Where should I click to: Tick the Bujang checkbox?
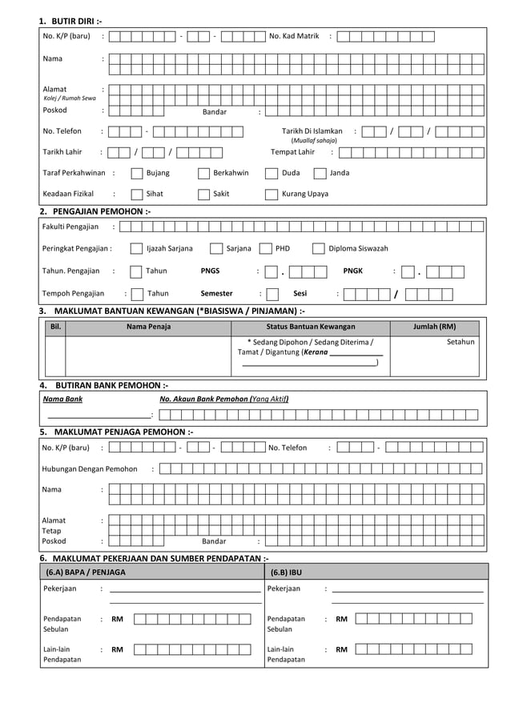point(137,173)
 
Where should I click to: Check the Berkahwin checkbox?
point(204,173)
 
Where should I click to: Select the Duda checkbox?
point(272,173)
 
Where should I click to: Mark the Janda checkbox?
point(320,173)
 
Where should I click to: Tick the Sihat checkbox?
point(137,194)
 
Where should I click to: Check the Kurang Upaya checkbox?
point(272,194)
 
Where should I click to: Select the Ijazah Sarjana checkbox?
point(137,248)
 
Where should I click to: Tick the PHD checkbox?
point(266,248)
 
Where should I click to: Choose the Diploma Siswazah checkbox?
point(319,248)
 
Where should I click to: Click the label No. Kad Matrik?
point(294,36)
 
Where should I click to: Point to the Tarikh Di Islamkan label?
point(312,131)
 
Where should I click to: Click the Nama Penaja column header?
point(148,327)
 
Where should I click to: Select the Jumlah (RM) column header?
point(434,327)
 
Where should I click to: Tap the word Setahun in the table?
point(461,342)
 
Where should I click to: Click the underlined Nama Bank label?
point(62,398)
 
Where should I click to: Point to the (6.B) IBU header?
point(286,572)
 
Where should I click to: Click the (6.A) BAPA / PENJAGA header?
point(86,572)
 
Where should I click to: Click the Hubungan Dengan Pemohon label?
point(89,469)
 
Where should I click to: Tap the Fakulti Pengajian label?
point(70,227)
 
